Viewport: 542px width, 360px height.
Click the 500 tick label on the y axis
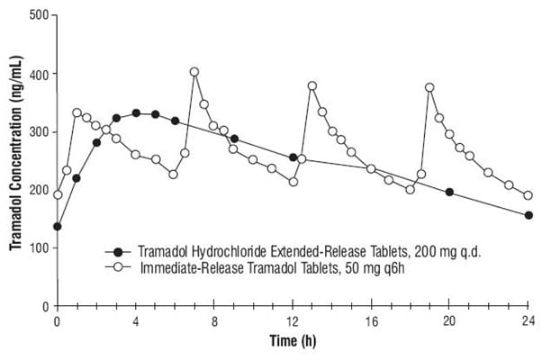37,14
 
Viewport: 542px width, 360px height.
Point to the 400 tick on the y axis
37,73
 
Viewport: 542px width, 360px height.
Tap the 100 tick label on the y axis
37,247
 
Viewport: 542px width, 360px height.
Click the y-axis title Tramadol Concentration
12,160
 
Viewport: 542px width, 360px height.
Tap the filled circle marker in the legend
116,251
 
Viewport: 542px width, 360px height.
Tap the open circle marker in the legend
116,266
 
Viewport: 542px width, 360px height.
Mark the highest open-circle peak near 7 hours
194,71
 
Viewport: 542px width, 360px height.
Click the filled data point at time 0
58,227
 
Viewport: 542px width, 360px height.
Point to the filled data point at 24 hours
528,215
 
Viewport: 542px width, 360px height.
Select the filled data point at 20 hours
449,192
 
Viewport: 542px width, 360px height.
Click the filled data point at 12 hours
293,157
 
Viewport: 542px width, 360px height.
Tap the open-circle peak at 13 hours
312,85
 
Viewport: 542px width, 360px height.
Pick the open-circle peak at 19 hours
429,87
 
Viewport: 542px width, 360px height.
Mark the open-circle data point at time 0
58,194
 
